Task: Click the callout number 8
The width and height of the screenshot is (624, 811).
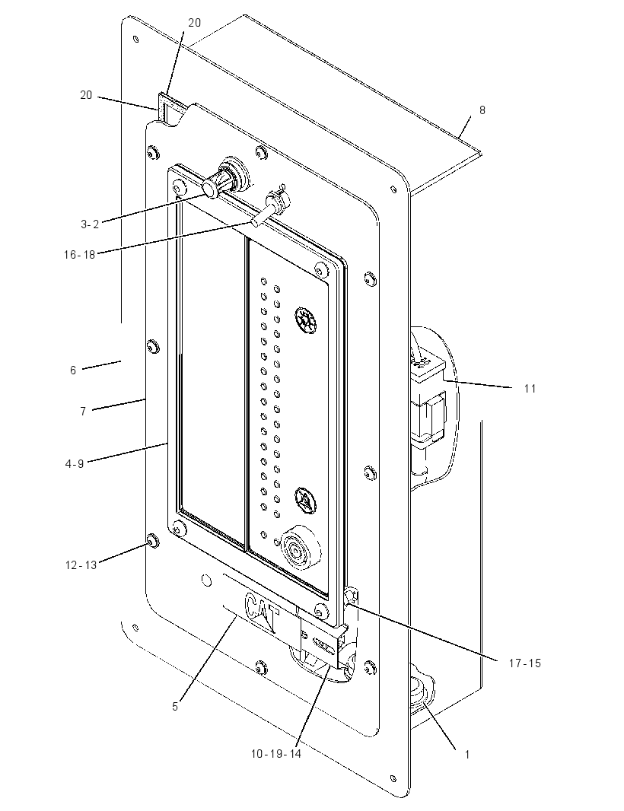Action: [482, 110]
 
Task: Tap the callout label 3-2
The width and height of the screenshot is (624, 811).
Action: [90, 224]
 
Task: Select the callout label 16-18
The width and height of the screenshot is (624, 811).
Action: [80, 254]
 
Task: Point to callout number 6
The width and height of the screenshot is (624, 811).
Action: [73, 371]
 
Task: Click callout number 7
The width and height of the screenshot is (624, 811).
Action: [83, 412]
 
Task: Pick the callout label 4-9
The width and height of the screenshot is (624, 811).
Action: [75, 464]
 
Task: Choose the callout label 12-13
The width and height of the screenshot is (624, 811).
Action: [81, 565]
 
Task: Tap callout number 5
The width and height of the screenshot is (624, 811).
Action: [175, 707]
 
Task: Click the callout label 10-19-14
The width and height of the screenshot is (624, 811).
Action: [276, 754]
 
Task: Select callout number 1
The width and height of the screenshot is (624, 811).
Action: [466, 755]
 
